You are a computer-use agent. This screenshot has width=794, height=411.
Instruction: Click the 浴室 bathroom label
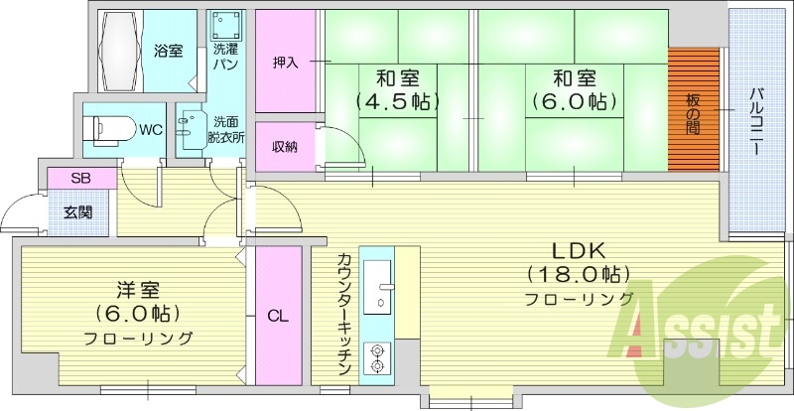click(x=168, y=51)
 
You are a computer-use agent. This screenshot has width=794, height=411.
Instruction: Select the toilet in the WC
click(x=106, y=129)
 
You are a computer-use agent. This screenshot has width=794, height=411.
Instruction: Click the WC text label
click(x=151, y=129)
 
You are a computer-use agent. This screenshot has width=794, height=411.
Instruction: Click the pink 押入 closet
click(x=285, y=63)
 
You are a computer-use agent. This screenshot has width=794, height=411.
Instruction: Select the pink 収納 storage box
click(x=285, y=147)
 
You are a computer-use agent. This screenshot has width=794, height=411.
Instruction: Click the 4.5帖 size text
click(x=396, y=100)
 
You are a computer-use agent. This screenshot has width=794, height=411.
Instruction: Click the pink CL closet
click(x=278, y=317)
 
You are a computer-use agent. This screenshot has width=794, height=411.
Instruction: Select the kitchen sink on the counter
click(x=378, y=286)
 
